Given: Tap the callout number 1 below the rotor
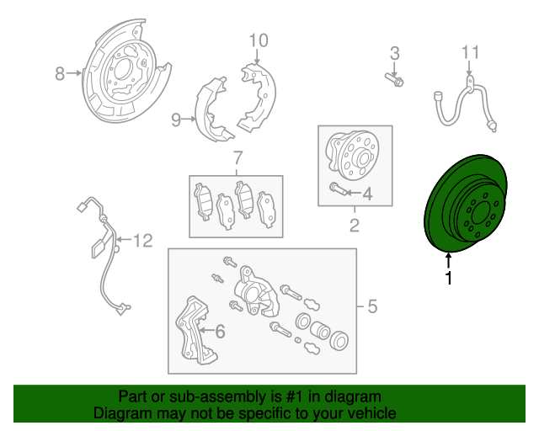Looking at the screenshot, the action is pos(448,278).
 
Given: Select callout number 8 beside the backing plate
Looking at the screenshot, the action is pos(60,73).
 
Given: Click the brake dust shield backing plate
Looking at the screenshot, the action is pos(125,72).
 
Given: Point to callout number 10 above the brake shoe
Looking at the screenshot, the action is pos(259,40).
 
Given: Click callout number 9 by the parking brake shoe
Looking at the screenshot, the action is pos(176,120).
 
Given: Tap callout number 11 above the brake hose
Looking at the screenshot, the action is pos(470,52).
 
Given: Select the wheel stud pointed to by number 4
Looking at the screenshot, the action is pos(339,189).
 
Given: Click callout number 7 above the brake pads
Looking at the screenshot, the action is pos(237,157).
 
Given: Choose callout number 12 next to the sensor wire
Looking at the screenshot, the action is pos(142,241).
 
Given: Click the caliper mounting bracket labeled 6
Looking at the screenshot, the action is pos(195,331).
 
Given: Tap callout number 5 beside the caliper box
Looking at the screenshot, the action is pos(372,306).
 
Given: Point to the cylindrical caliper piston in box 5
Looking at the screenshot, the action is pos(320,330).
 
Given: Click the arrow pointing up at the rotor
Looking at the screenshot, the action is pos(448,260).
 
